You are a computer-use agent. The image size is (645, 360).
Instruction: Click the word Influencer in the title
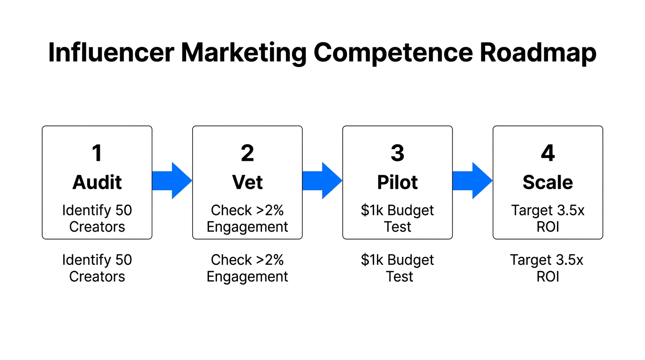click(x=111, y=53)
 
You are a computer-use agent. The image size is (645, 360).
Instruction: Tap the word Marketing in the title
click(x=244, y=53)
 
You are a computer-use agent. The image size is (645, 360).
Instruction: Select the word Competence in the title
click(x=393, y=53)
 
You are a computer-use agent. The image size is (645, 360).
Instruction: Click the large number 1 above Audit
click(x=97, y=153)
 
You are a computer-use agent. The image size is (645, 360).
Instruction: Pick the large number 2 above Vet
click(x=247, y=153)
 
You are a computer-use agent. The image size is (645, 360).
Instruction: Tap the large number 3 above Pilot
click(x=397, y=153)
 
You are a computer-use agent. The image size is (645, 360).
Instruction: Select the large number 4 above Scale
click(x=547, y=153)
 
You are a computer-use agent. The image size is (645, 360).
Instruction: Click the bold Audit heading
click(x=97, y=182)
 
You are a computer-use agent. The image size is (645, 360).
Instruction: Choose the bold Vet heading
click(x=247, y=182)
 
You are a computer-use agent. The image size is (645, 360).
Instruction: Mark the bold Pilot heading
click(x=397, y=182)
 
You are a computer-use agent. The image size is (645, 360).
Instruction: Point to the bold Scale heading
click(x=547, y=182)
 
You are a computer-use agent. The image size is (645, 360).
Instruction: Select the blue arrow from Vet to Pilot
click(x=322, y=180)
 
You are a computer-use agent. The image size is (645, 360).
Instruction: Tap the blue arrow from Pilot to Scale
click(x=472, y=180)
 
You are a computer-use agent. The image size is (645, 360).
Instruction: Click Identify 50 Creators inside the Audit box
click(x=97, y=218)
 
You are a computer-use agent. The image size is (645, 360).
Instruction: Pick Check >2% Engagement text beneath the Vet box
click(x=247, y=268)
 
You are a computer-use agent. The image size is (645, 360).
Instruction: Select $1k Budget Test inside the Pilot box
click(x=397, y=218)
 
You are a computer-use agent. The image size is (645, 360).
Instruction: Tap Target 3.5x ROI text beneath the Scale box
click(x=547, y=268)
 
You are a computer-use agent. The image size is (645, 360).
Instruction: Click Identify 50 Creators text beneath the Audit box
click(x=97, y=268)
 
